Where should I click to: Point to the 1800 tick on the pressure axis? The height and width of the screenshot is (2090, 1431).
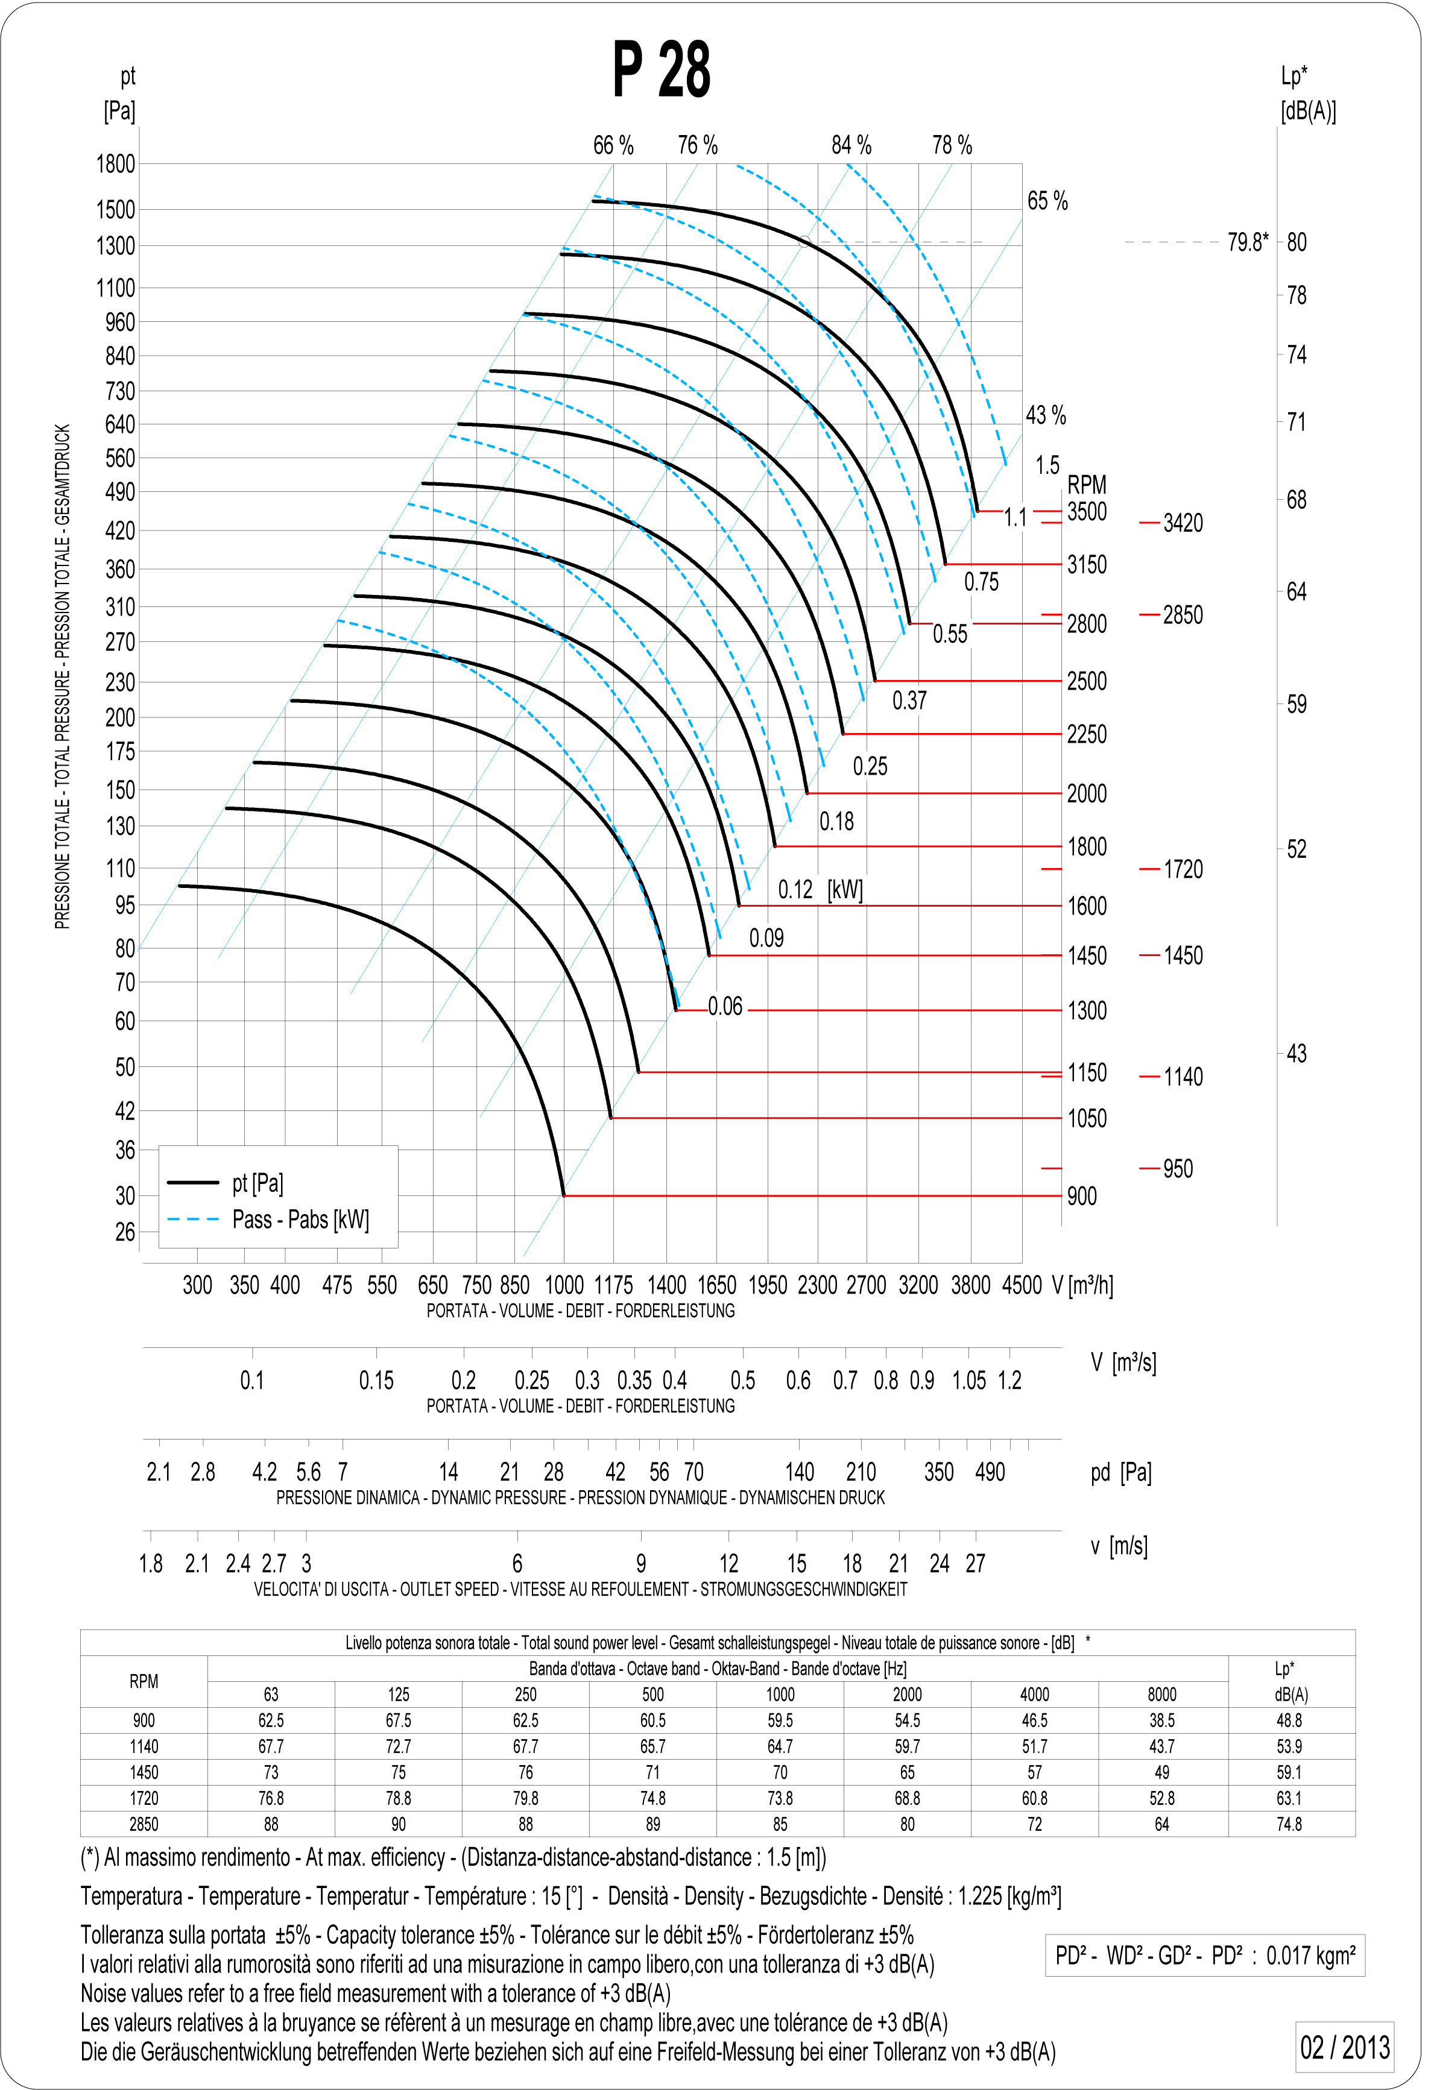click(116, 165)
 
